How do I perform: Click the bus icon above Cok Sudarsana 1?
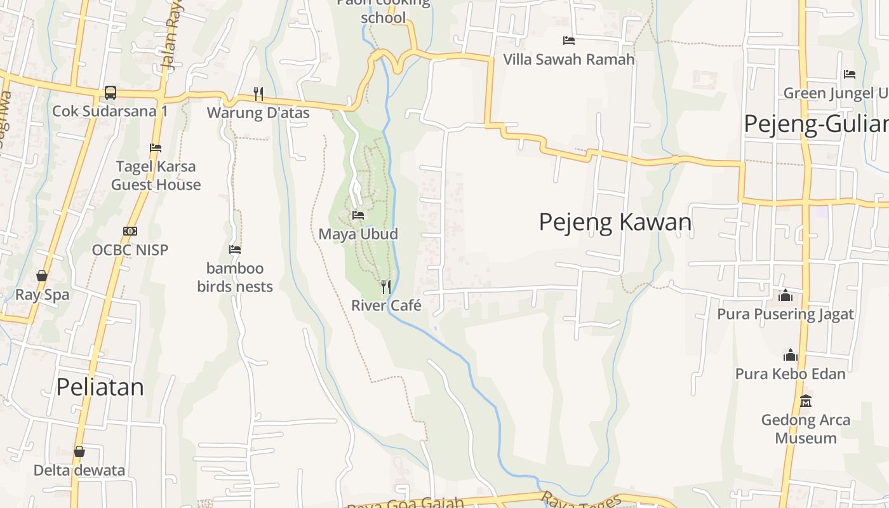pyautogui.click(x=110, y=93)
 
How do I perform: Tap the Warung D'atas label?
pyautogui.click(x=258, y=113)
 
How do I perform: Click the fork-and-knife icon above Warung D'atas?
pyautogui.click(x=258, y=94)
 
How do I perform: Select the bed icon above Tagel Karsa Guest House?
pyautogui.click(x=156, y=148)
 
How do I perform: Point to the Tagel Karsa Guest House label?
pyautogui.click(x=156, y=176)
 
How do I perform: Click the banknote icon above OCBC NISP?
pyautogui.click(x=130, y=231)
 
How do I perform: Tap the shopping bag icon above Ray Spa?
pyautogui.click(x=42, y=276)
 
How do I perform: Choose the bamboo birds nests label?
pyautogui.click(x=235, y=277)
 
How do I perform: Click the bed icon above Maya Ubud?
pyautogui.click(x=358, y=215)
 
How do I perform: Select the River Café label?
pyautogui.click(x=386, y=305)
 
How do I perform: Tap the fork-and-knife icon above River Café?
pyautogui.click(x=386, y=286)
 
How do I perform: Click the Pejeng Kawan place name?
pyautogui.click(x=615, y=222)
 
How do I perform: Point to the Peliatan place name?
pyautogui.click(x=100, y=387)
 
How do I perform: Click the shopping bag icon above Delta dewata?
pyautogui.click(x=79, y=451)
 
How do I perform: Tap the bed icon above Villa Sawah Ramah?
pyautogui.click(x=569, y=41)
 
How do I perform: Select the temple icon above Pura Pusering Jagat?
pyautogui.click(x=785, y=295)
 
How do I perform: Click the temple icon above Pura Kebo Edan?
pyautogui.click(x=791, y=355)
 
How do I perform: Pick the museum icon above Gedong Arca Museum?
pyautogui.click(x=806, y=401)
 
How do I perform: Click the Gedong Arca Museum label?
pyautogui.click(x=806, y=429)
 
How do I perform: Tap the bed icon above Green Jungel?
pyautogui.click(x=850, y=74)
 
